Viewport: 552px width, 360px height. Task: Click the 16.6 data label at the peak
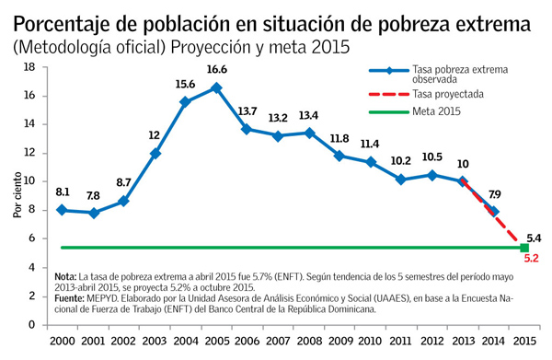217,69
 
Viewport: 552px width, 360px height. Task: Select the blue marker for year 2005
216,87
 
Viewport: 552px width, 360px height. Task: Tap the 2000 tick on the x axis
62,343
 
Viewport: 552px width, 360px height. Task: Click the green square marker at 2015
524,248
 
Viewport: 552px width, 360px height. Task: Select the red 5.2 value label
532,261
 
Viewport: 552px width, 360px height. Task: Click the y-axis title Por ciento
16,195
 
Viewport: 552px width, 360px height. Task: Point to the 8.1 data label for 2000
63,192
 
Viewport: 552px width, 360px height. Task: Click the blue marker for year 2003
155,153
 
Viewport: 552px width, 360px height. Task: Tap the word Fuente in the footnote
70,298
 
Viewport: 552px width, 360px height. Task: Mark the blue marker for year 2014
494,211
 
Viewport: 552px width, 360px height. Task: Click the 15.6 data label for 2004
186,84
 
